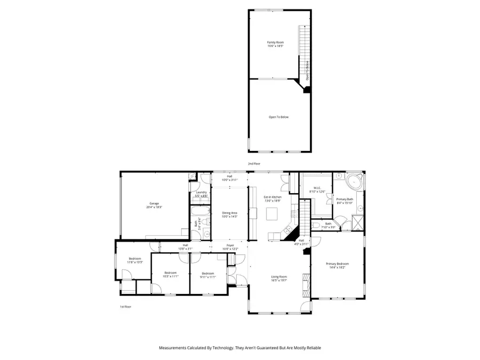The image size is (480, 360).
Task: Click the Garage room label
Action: point(155,205)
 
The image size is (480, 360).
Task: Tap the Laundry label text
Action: point(201,194)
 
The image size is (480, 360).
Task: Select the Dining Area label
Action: point(229,215)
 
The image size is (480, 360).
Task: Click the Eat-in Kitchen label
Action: point(273,199)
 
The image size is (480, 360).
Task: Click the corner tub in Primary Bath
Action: point(353,182)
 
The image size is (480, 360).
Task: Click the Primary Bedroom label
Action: point(338,266)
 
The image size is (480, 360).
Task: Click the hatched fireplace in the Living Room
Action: point(306,284)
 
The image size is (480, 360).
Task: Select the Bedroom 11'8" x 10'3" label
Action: point(135,260)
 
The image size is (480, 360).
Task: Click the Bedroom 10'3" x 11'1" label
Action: point(171,275)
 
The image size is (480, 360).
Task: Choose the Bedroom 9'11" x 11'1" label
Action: point(207,275)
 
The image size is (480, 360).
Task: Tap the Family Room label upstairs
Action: point(275,44)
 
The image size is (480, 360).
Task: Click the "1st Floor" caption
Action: point(125,307)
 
